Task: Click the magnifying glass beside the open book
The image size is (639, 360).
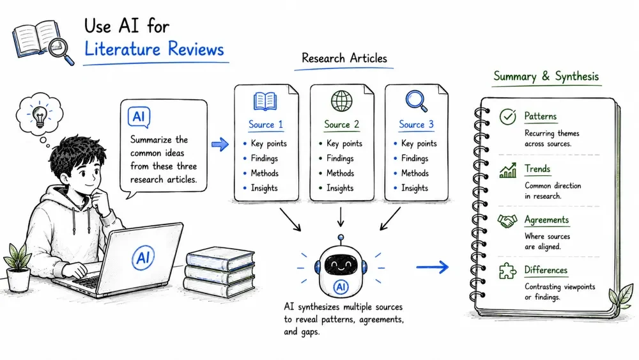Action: click(x=60, y=50)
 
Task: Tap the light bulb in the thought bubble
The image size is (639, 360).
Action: click(x=40, y=116)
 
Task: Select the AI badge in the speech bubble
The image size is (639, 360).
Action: click(x=139, y=117)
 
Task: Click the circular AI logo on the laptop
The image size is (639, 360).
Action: click(x=143, y=257)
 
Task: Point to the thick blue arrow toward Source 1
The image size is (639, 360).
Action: click(x=220, y=144)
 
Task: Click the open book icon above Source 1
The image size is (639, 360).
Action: click(x=265, y=101)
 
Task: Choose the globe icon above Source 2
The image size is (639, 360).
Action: click(x=341, y=100)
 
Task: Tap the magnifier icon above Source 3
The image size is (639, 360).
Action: click(x=417, y=100)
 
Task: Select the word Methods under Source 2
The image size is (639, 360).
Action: click(x=341, y=173)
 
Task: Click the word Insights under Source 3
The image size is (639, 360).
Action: click(x=415, y=188)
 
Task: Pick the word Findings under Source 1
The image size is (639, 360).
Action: click(x=264, y=159)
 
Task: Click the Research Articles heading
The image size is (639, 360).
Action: click(x=344, y=58)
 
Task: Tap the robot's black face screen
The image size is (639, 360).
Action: click(x=341, y=265)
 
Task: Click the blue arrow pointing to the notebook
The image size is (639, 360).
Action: click(x=433, y=267)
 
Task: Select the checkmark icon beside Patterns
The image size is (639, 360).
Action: click(x=508, y=116)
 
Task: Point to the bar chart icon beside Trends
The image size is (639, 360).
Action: click(x=508, y=171)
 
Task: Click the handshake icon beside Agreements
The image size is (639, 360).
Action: click(x=507, y=221)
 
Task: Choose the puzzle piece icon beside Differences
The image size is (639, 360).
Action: click(x=507, y=271)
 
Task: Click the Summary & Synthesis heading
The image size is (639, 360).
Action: click(x=546, y=77)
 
